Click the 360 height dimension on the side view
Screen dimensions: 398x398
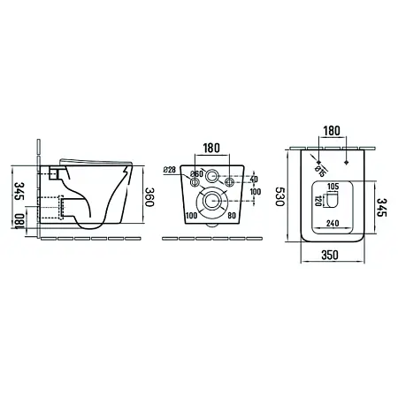pos(149,197)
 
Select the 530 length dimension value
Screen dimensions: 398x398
pos(279,196)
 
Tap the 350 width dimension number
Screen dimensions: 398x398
pos(330,255)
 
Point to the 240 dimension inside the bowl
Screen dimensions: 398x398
pos(333,224)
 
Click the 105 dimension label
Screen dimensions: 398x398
pos(333,187)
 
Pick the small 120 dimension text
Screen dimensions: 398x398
pos(318,201)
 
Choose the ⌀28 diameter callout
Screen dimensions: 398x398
pos(170,170)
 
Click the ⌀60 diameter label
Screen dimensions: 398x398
pos(196,174)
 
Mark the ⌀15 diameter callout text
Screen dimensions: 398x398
pos(319,172)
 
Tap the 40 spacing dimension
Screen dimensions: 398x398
pos(254,180)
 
